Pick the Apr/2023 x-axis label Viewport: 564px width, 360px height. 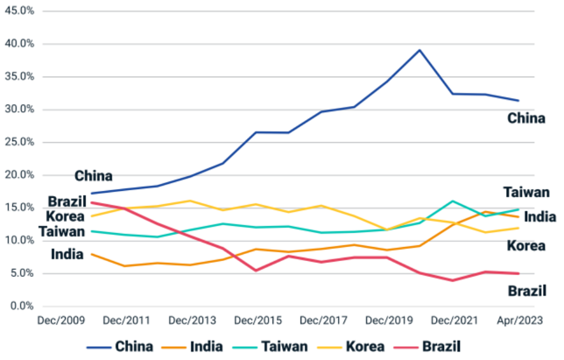(518, 321)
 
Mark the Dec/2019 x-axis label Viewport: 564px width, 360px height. (387, 321)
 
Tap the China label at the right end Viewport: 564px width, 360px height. (526, 118)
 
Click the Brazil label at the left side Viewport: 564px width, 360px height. (67, 201)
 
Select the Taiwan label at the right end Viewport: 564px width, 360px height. (525, 193)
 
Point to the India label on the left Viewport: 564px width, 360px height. (67, 255)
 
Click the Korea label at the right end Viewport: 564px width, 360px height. (527, 245)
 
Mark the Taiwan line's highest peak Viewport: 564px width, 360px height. (453, 201)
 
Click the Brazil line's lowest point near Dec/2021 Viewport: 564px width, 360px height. (453, 280)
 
